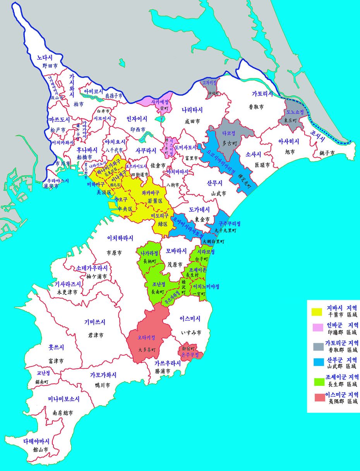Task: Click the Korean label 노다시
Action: [45, 58]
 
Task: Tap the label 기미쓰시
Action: [95, 322]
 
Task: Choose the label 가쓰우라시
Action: [168, 363]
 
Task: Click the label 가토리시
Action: [262, 94]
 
